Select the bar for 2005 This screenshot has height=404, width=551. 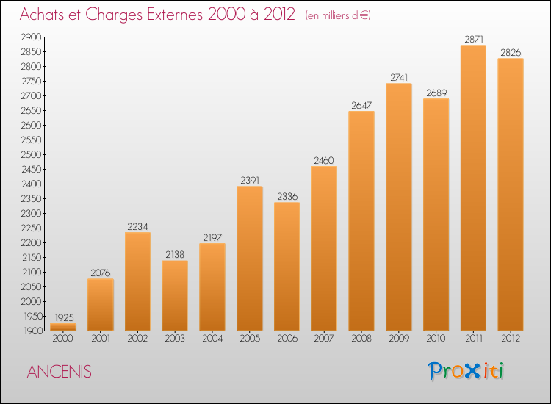tap(250, 258)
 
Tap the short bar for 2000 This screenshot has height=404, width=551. tap(63, 327)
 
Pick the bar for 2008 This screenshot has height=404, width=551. tap(361, 220)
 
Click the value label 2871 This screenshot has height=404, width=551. tap(473, 39)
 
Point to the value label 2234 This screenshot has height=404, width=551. tap(138, 226)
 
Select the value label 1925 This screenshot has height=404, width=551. tap(63, 317)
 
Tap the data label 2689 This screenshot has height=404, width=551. tap(436, 93)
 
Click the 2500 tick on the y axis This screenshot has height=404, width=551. tap(31, 154)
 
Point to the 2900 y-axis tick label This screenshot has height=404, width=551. tap(31, 37)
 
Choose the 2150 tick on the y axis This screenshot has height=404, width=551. tap(31, 257)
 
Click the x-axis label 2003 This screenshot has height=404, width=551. tap(175, 339)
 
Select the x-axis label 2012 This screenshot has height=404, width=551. tap(511, 339)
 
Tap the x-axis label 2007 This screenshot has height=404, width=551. tap(324, 339)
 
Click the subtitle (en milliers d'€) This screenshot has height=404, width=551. tap(339, 15)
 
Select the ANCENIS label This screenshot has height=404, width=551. tap(59, 372)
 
